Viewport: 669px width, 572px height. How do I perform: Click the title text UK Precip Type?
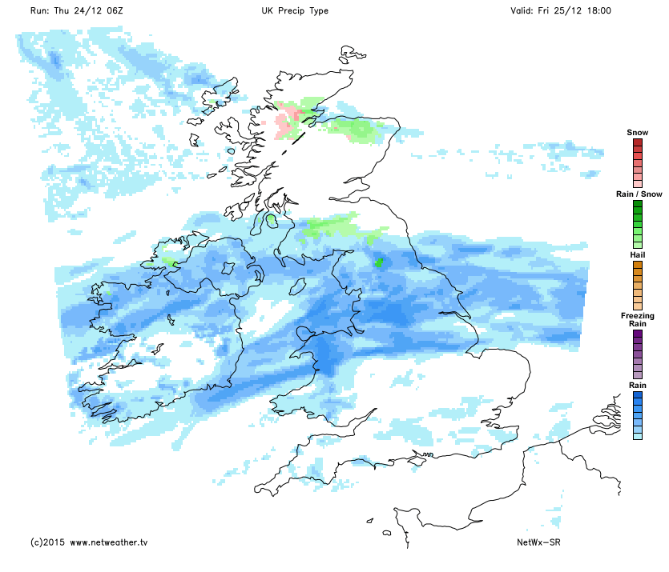point(294,11)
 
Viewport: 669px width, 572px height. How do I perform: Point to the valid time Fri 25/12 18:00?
point(561,11)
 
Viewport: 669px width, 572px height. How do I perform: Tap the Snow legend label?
point(637,132)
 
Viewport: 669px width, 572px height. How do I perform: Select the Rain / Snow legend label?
point(638,194)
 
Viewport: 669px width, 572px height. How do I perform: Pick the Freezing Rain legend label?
point(638,320)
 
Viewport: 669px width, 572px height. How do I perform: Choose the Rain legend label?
point(638,385)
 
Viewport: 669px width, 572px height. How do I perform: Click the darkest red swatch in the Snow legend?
point(638,142)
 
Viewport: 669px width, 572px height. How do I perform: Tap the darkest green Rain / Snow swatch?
point(638,205)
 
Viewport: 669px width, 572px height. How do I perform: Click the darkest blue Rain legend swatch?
point(638,395)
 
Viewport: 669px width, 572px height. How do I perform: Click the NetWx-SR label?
point(538,542)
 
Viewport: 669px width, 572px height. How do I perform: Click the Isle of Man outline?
point(299,285)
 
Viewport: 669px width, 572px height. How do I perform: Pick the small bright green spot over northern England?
point(378,262)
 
